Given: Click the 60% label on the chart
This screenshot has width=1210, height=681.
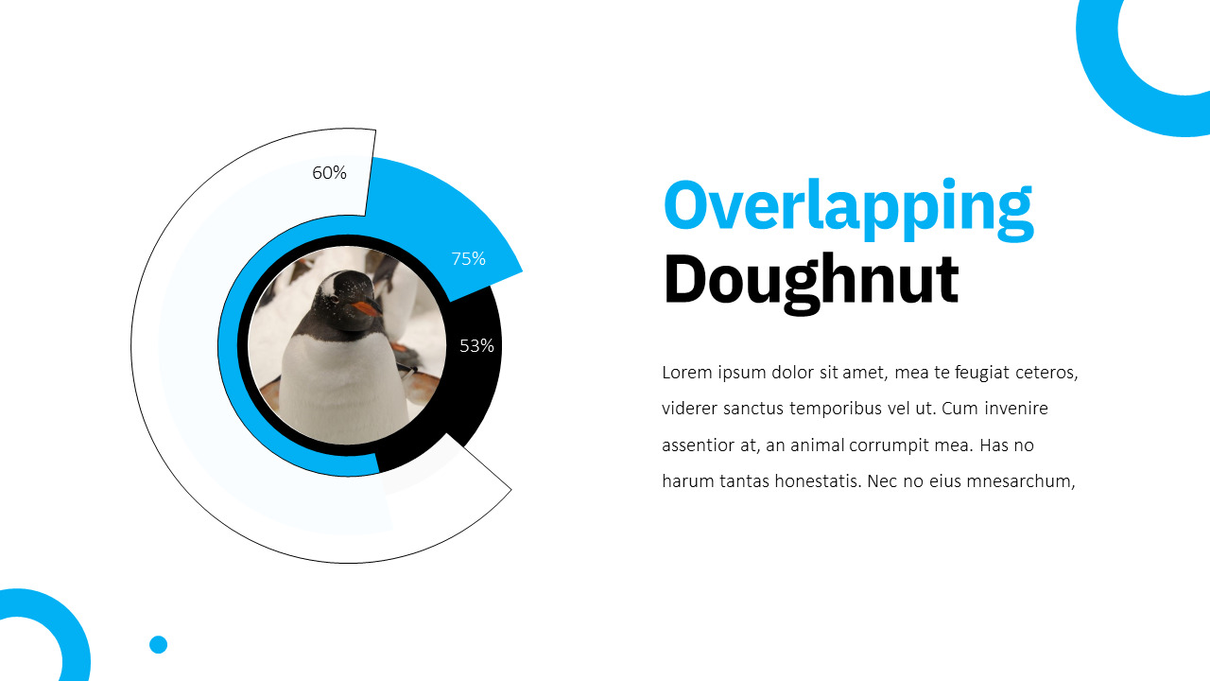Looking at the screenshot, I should coord(329,173).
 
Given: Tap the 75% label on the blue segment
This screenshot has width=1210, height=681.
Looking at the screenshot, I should coord(468,258).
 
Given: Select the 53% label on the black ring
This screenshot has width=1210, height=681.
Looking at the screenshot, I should coord(476,345).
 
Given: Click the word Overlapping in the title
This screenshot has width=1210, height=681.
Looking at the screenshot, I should coord(848,206).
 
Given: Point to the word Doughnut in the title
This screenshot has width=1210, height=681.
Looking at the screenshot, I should coord(811,280).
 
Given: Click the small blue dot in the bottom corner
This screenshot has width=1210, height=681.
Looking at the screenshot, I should coord(158,644).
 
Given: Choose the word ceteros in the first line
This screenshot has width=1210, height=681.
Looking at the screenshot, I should coord(1046,373).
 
